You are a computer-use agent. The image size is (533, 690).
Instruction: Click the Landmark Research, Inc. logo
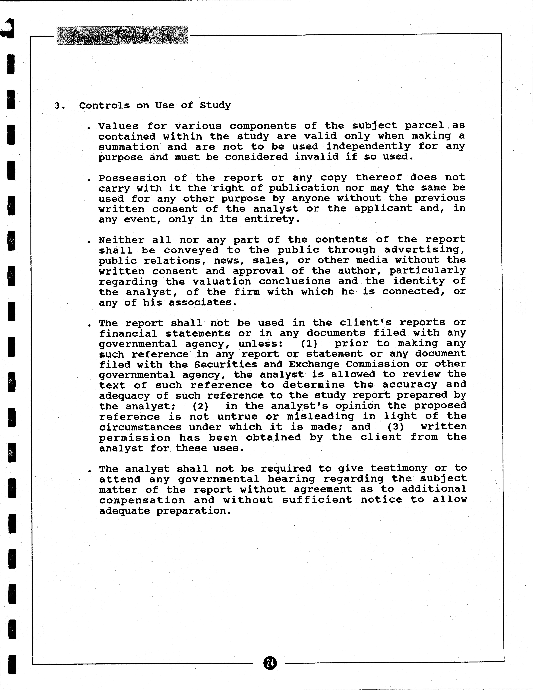122,35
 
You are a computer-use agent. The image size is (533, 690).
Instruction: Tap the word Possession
132,178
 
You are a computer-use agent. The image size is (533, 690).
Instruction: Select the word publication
304,188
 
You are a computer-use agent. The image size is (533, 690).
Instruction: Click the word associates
202,303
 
